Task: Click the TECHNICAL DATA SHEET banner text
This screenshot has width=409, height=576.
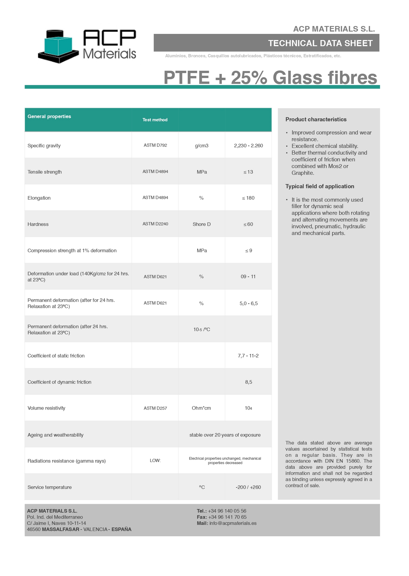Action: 320,43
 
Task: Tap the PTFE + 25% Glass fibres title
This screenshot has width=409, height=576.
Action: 270,78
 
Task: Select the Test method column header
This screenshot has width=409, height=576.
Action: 155,120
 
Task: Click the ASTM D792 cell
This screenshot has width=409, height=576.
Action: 155,145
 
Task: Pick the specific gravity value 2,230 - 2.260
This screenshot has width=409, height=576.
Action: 248,146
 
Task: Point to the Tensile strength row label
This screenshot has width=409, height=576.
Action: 44,172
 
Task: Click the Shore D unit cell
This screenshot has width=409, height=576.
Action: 202,224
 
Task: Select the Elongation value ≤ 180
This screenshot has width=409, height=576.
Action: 248,198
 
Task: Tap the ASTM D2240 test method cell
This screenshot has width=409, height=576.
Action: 155,224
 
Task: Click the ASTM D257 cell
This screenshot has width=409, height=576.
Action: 155,408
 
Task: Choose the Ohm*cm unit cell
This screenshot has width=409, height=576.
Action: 201,408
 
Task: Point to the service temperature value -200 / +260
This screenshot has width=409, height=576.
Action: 248,487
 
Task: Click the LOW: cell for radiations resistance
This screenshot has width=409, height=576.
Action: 155,461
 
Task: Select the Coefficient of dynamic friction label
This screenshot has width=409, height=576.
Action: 59,382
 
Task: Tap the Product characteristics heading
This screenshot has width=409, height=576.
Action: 316,119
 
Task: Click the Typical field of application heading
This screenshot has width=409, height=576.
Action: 320,186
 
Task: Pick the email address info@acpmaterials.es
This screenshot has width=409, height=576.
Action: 233,523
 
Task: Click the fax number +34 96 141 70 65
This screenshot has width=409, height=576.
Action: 227,517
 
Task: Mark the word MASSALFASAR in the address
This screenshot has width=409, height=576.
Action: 60,529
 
